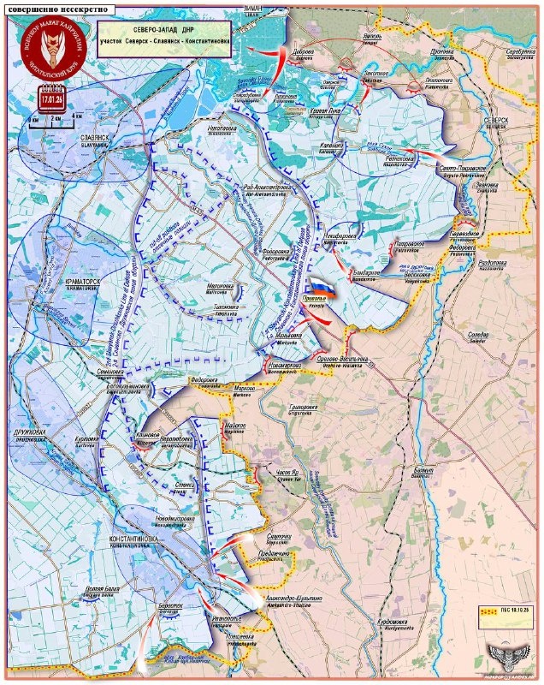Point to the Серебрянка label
pos(520,51)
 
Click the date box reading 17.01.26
pos(53,94)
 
